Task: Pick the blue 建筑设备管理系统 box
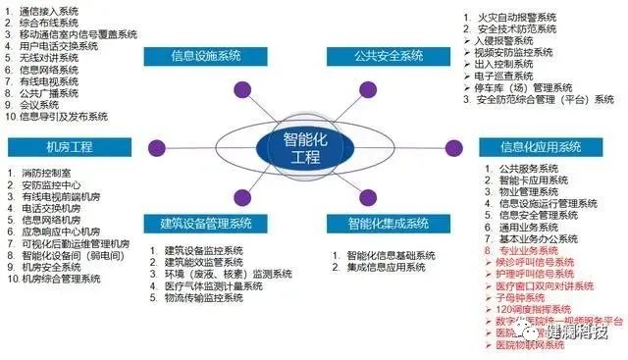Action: pyautogui.click(x=207, y=223)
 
